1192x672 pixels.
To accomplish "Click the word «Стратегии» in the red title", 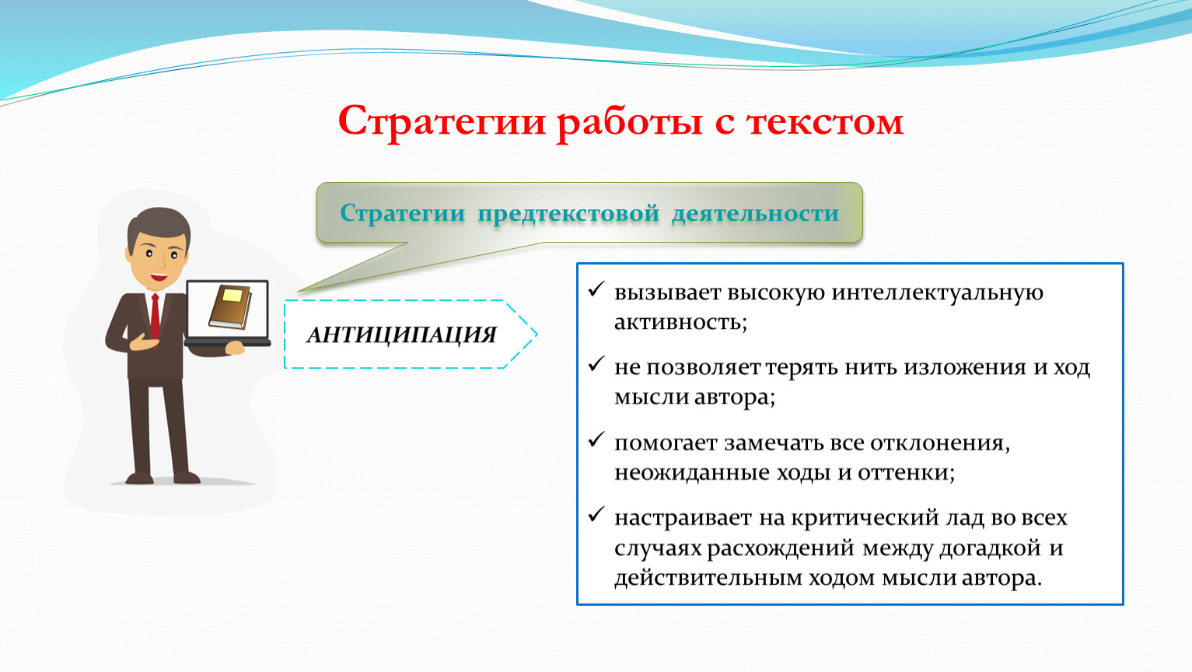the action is (x=442, y=122).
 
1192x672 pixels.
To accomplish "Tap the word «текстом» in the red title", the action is (x=825, y=122).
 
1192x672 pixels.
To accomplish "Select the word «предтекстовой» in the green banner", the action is (x=568, y=214).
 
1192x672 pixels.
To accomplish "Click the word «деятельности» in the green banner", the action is (x=755, y=214).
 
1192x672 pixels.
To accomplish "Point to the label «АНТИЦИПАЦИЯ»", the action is (x=401, y=335).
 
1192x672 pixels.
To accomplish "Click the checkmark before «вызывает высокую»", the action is (x=596, y=289).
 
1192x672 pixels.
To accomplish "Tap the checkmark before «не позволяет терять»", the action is (x=596, y=364).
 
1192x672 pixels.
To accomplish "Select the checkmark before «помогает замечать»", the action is (x=596, y=439).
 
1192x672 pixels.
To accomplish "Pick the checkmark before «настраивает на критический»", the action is (x=596, y=514).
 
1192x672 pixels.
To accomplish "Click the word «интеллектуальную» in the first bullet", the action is (x=937, y=292).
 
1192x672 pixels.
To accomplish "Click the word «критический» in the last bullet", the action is (x=865, y=518).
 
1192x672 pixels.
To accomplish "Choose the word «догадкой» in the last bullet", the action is (x=990, y=548).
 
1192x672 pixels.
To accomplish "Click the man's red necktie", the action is (x=155, y=317).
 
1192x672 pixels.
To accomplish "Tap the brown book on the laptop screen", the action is (x=230, y=306).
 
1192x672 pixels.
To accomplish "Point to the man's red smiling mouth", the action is (x=158, y=276).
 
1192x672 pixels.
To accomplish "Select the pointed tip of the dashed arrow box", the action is (x=537, y=334).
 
